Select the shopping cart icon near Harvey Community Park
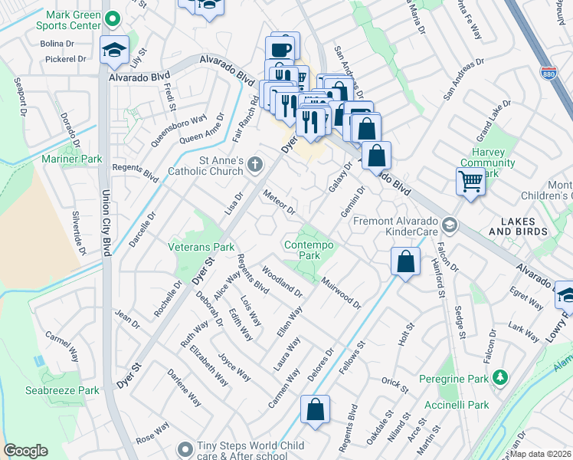pyautogui.click(x=470, y=182)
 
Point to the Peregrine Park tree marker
pyautogui.click(x=499, y=377)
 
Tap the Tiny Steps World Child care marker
pyautogui.click(x=183, y=449)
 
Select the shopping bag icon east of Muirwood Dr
pyautogui.click(x=405, y=261)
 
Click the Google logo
pyautogui.click(x=25, y=451)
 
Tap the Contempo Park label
pyautogui.click(x=309, y=249)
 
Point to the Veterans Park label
pyautogui.click(x=201, y=247)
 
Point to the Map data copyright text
pyautogui.click(x=540, y=454)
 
